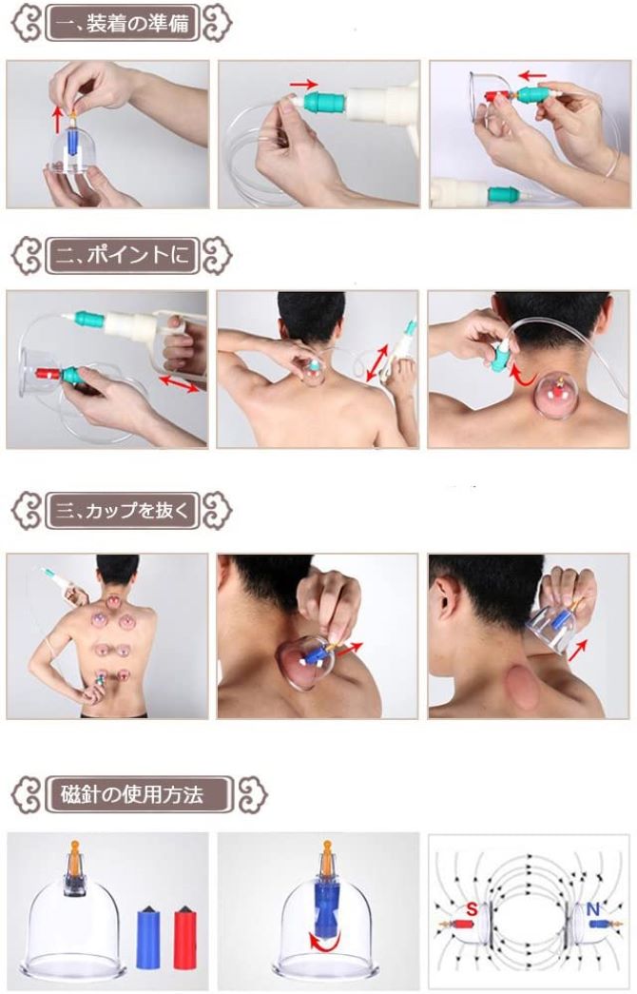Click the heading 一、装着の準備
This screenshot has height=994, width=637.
[x=123, y=24]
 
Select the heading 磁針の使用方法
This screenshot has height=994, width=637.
[x=132, y=794]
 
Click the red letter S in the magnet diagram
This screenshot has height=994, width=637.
[x=471, y=909]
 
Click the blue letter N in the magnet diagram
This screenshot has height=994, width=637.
[x=592, y=909]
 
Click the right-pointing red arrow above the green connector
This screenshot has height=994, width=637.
[x=303, y=84]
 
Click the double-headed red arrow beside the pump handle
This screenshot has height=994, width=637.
[x=179, y=384]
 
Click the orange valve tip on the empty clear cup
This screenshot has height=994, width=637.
[x=75, y=852]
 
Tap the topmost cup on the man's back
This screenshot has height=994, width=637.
[x=112, y=600]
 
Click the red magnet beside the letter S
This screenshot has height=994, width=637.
[x=456, y=925]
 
